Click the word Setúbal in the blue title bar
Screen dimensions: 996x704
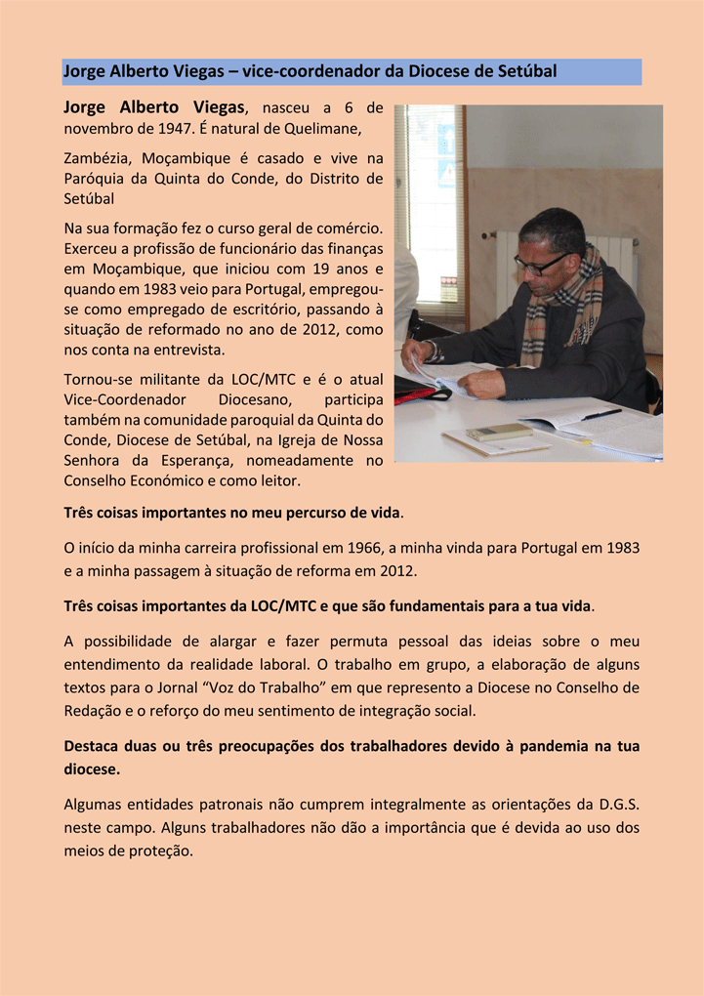(x=526, y=71)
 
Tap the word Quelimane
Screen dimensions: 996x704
(x=323, y=128)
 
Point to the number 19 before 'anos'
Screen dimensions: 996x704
(x=324, y=269)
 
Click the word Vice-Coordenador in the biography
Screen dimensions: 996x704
(x=122, y=400)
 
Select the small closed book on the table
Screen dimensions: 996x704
(x=499, y=432)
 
